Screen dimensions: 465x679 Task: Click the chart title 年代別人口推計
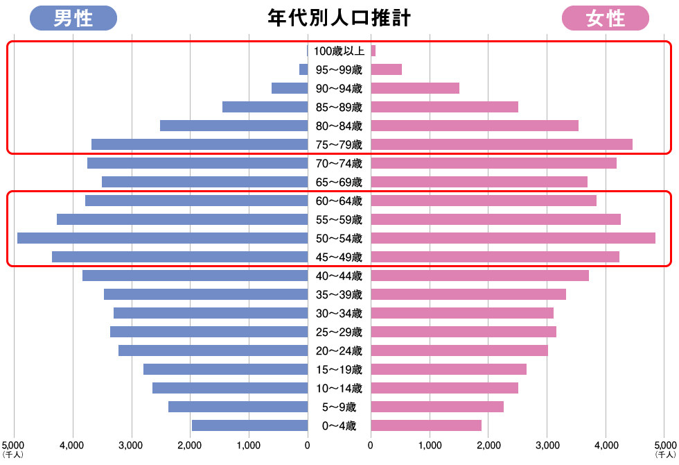(x=339, y=17)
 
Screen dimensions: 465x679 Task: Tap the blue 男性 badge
(x=73, y=18)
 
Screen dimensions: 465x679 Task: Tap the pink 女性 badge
(x=605, y=18)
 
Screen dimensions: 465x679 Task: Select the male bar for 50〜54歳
(x=162, y=238)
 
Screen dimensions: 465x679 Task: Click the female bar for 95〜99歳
(x=386, y=69)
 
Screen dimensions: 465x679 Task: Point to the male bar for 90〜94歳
(x=289, y=88)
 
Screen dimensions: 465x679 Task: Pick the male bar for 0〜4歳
(x=249, y=425)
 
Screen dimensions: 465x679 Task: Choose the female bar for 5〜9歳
(x=436, y=407)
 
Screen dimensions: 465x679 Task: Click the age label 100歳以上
(x=339, y=51)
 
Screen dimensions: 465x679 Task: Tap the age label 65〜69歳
(x=339, y=182)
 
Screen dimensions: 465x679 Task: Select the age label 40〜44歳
(x=339, y=276)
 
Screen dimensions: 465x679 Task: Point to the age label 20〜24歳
(x=339, y=350)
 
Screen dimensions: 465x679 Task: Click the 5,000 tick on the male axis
(x=13, y=444)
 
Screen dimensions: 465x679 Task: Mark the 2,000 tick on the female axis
(x=488, y=444)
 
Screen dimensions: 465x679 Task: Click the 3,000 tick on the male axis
(x=131, y=444)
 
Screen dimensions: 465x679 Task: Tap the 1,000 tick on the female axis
(x=430, y=444)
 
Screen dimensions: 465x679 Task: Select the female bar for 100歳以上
(x=373, y=51)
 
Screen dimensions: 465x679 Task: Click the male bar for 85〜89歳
(x=265, y=107)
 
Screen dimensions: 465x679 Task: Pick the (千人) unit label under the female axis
(x=664, y=455)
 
